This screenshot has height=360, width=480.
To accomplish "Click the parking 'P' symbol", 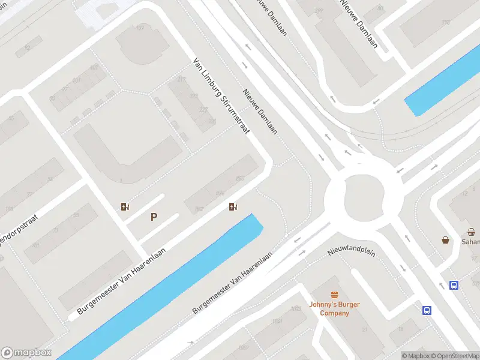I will point(154,217).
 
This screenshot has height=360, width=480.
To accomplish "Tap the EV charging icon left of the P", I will point(125,207).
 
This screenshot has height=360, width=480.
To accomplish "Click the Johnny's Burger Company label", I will point(334,308).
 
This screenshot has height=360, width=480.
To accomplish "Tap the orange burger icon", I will point(334,295).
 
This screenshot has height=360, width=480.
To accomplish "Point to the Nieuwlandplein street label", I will point(351,252).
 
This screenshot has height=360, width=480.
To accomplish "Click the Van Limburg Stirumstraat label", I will point(220,95).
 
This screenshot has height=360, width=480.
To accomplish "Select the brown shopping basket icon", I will point(446,240).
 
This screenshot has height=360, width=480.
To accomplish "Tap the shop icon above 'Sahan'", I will point(472,232).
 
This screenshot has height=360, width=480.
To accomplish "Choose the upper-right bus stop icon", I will point(455,286).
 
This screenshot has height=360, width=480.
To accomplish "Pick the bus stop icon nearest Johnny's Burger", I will point(427,310).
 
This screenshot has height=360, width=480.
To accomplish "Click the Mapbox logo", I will point(26,353).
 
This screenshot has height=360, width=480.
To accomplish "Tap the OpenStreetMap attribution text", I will point(455,356).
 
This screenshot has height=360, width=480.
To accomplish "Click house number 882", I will point(199,209).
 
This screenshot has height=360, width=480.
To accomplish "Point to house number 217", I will point(181,80).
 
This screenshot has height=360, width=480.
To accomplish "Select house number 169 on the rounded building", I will point(140,28).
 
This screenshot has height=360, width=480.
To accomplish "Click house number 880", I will point(240,179).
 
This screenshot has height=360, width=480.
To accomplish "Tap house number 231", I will point(212,121).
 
